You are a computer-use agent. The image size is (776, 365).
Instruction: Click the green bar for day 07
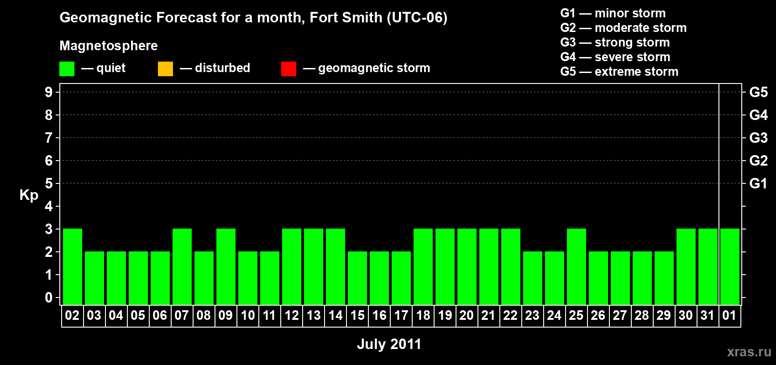coord(182,266)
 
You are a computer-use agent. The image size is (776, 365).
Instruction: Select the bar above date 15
coord(357,278)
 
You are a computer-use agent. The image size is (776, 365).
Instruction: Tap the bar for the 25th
coord(577,266)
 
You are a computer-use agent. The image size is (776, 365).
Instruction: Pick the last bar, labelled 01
coord(730,266)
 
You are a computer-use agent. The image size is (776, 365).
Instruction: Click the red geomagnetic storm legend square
coord(288,69)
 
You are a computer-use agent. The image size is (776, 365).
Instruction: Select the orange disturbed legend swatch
coord(165,69)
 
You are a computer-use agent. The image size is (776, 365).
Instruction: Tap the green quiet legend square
coord(67,69)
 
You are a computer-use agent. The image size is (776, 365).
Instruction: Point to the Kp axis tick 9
coord(49,92)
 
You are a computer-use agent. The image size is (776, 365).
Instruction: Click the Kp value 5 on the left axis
coord(49,183)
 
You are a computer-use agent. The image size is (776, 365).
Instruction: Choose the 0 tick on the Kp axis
coord(49,297)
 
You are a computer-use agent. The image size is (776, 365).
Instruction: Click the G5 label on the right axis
coord(758,92)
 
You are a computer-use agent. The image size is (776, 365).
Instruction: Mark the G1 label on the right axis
coord(758,183)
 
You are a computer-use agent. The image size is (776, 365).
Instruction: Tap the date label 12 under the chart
coord(292,315)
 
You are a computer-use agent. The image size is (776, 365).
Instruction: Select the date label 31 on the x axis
coord(708,315)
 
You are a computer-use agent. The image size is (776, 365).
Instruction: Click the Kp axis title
coord(29,195)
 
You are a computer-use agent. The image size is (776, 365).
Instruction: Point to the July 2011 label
coord(389,344)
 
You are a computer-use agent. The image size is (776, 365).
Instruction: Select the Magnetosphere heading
coord(109,46)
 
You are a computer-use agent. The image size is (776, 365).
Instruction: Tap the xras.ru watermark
coord(749,352)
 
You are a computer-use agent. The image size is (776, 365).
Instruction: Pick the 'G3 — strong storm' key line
coord(615,42)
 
